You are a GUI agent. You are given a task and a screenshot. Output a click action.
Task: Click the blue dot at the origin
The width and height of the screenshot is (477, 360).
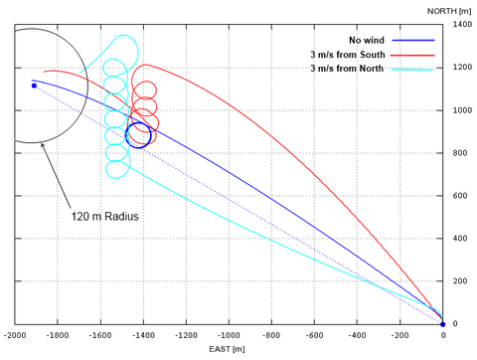(x=442, y=324)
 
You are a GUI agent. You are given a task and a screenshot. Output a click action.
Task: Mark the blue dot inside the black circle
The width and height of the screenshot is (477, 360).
(x=34, y=86)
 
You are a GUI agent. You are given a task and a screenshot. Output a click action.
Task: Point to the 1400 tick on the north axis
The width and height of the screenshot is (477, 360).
(x=461, y=24)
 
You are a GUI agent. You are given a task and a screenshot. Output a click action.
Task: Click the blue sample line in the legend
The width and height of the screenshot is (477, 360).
(x=416, y=40)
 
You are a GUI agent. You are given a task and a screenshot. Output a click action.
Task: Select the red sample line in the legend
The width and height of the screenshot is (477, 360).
(x=416, y=54)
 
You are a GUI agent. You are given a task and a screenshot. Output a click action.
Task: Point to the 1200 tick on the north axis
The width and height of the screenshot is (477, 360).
(x=461, y=67)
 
